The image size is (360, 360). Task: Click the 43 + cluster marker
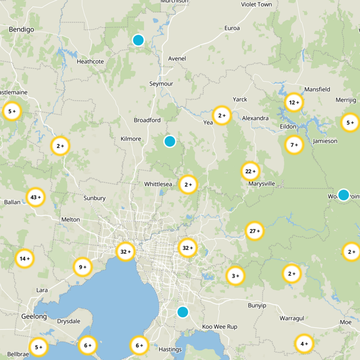point(36,197)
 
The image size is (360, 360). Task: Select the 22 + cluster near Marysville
point(251,171)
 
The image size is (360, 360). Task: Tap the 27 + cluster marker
point(255,231)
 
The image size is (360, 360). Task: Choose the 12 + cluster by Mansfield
point(294,103)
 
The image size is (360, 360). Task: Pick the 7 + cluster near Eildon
point(294,145)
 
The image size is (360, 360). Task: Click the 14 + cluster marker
point(25,259)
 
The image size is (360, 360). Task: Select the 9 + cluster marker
point(82,267)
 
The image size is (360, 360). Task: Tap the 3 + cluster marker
point(235,276)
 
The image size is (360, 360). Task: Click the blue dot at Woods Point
point(343,195)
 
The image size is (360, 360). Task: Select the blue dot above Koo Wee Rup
point(182,312)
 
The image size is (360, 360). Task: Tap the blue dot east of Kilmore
point(170,141)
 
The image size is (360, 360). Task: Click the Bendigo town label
point(22,30)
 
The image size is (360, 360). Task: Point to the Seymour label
point(161,84)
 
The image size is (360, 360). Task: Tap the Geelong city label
point(34,317)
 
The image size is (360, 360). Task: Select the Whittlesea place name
point(158,184)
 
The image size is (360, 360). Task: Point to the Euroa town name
point(232,28)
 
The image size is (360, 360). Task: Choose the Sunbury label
point(94,198)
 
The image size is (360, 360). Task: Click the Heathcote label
point(90,62)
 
